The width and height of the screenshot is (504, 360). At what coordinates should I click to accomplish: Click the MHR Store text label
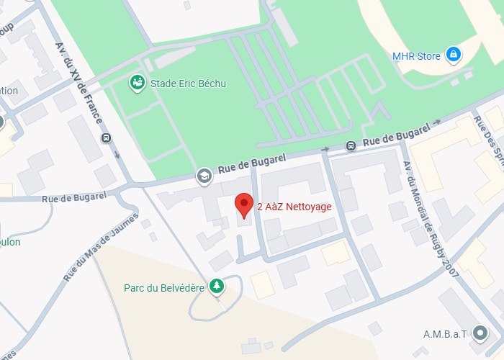point(415,55)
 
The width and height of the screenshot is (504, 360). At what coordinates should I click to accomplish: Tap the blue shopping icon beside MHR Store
point(453,54)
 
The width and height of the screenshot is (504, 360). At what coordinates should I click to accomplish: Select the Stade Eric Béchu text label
point(188,84)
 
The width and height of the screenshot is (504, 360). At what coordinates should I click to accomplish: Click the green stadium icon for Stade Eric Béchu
point(136,83)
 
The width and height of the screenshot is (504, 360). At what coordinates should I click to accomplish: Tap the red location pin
point(244,204)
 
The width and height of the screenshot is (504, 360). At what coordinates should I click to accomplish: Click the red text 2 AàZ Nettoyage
point(294,207)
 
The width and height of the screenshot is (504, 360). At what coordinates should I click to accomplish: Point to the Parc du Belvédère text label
point(164,287)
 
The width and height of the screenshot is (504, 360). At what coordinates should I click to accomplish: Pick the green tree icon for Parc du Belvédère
point(216,287)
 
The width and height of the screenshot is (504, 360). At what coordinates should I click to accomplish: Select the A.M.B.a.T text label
point(446,334)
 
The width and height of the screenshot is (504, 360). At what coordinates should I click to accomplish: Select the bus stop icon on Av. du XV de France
point(107,138)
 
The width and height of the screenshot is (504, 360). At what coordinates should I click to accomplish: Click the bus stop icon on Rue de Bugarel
point(351,145)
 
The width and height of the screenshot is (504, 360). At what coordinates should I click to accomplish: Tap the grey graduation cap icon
point(204,175)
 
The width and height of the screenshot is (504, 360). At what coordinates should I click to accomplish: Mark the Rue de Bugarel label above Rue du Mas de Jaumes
point(74,197)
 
